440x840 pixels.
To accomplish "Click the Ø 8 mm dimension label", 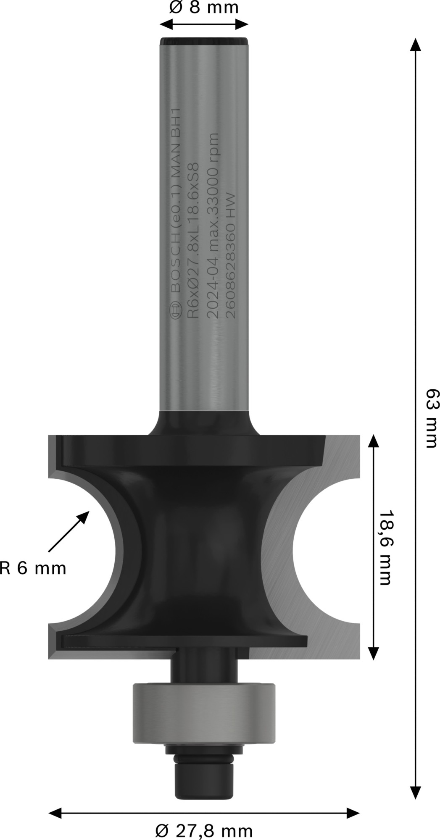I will click(x=204, y=8).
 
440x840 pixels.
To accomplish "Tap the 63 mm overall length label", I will click(x=431, y=418).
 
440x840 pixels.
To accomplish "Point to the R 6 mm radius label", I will click(x=33, y=569).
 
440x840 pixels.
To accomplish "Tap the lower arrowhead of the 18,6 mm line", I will click(x=373, y=653).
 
